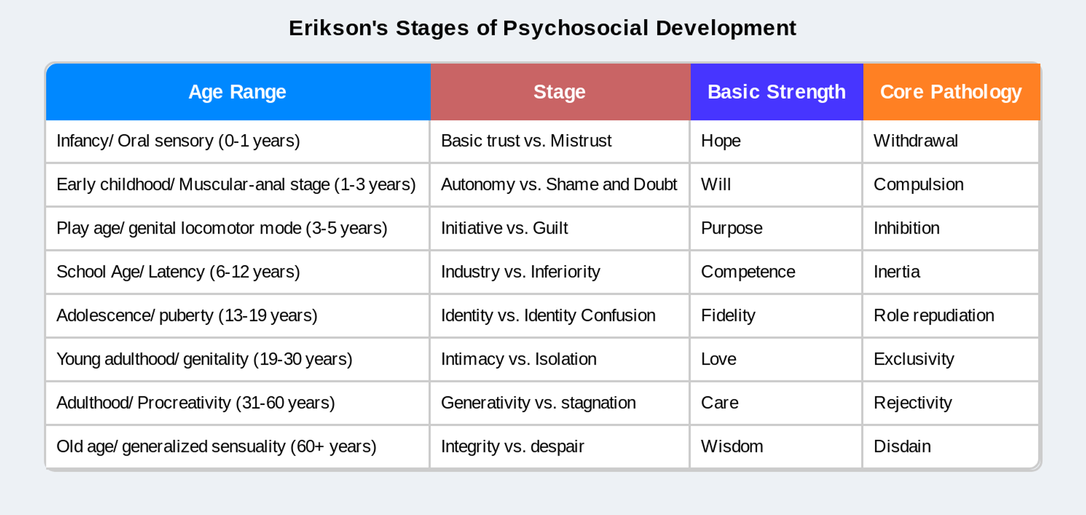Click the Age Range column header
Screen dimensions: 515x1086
[237, 92]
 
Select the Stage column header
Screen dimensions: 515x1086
[559, 92]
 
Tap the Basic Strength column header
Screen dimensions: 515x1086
[776, 92]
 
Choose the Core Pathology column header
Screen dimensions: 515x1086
[951, 92]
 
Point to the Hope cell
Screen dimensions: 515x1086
[721, 141]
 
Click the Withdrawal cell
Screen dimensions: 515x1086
[916, 141]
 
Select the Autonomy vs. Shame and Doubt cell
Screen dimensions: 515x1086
[559, 184]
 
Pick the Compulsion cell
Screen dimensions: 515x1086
[918, 184]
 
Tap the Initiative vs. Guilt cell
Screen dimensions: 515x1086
[504, 228]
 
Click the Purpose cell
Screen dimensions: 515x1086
[732, 228]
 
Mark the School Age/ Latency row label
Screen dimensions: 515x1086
[178, 272]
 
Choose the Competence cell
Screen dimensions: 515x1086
[748, 272]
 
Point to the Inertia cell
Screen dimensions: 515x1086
[897, 272]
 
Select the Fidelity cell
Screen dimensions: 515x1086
[728, 316]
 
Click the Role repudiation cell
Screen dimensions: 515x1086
[934, 316]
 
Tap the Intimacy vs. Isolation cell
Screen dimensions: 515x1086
[519, 359]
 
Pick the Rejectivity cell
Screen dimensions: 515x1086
[913, 403]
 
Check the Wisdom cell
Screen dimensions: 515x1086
[732, 447]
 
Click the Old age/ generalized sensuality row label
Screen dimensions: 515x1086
[216, 447]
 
